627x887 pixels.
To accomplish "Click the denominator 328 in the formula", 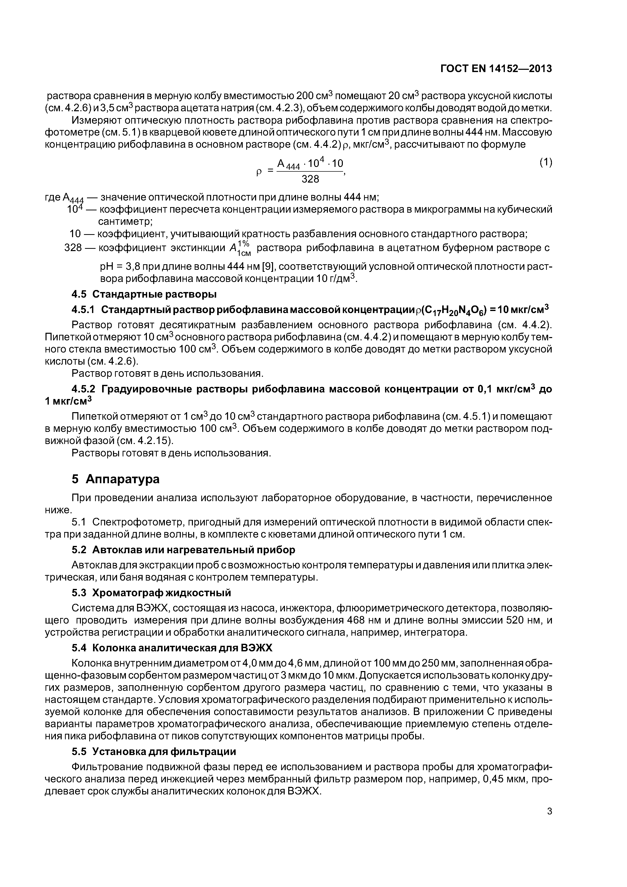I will click(x=310, y=179).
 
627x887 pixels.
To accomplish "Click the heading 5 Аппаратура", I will click(x=116, y=479).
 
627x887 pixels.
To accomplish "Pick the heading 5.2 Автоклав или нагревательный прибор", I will click(x=184, y=550).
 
